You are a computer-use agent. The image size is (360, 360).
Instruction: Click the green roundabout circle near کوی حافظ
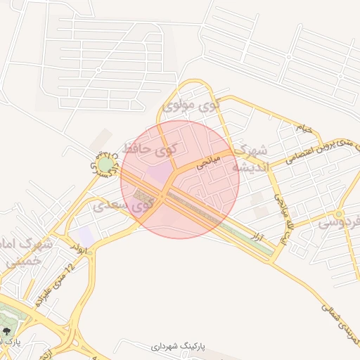click(105, 166)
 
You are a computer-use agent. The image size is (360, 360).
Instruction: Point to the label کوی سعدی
click(124, 207)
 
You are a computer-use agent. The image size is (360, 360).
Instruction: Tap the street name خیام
click(303, 128)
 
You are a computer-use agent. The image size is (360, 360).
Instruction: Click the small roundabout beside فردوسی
click(339, 213)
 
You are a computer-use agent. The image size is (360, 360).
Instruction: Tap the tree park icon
click(8, 329)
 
